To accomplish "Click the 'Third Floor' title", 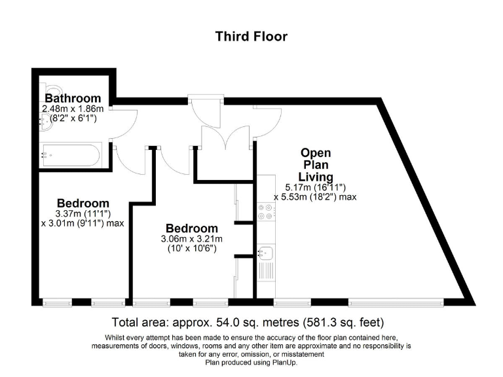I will click(251, 37).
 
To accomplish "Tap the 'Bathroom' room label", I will click(73, 99).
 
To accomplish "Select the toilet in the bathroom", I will click(48, 91).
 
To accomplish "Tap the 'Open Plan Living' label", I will click(316, 165).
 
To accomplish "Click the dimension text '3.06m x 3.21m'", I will click(192, 239).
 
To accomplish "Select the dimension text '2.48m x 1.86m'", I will click(73, 109).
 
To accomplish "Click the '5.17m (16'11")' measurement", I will click(316, 187).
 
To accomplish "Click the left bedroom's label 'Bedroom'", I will click(83, 203).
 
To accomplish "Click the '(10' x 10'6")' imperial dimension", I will click(192, 249).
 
